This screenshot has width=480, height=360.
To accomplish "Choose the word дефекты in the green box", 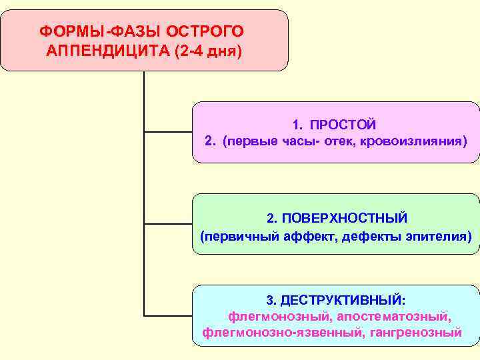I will (371, 236).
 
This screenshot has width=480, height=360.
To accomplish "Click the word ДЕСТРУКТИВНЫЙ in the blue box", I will (344, 299).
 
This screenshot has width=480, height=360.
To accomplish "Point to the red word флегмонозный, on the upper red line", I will (280, 315).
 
